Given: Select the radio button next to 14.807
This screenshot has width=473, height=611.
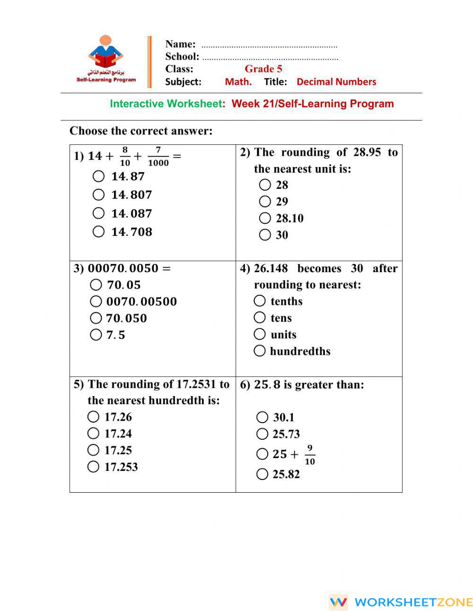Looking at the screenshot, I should tap(98, 195).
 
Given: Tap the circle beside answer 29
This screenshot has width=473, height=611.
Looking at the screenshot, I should tap(265, 202).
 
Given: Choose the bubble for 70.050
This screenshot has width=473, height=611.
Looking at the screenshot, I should tap(96, 318).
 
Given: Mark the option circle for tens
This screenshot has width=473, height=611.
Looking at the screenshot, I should tap(260, 318).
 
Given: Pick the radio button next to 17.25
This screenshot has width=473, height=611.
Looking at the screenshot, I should tap(93, 450).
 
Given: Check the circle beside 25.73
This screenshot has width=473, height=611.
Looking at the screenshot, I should tap(262, 434).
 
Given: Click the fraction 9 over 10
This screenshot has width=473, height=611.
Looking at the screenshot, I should tap(310, 454).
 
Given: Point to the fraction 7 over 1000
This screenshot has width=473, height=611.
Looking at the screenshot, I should tap(158, 156).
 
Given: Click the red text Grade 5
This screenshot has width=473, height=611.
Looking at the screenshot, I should tap(263, 69).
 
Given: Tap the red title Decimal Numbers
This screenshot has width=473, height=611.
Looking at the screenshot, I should tap(336, 81).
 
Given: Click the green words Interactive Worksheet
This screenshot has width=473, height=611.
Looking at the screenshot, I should tap(166, 104).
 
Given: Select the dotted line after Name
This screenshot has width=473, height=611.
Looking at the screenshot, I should tap(269, 46).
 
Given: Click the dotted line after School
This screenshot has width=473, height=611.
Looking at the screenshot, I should tap(270, 59).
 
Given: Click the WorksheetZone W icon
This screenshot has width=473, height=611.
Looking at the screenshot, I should tap(338, 602).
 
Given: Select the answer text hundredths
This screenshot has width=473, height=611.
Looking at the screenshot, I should tap(300, 351).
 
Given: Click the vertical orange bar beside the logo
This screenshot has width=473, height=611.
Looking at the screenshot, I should tap(149, 62).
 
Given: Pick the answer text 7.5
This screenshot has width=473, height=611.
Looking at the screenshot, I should tap(115, 335).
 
